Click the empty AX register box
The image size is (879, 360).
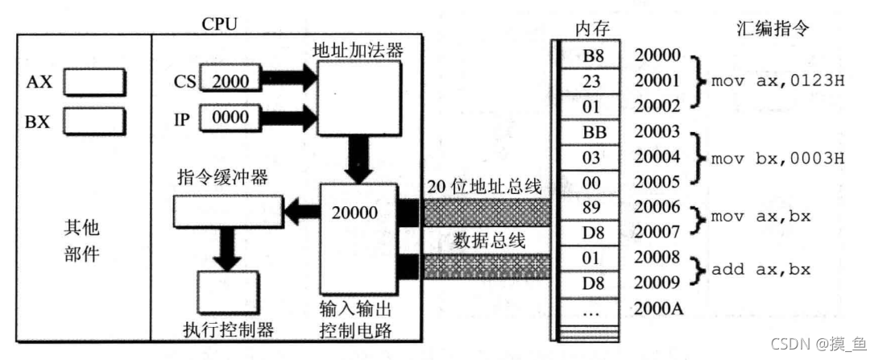95,81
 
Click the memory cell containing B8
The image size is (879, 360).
591,56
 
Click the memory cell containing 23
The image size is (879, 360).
591,81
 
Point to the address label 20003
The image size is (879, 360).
657,132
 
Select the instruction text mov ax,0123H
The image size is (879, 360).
777,81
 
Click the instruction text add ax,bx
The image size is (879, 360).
761,269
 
